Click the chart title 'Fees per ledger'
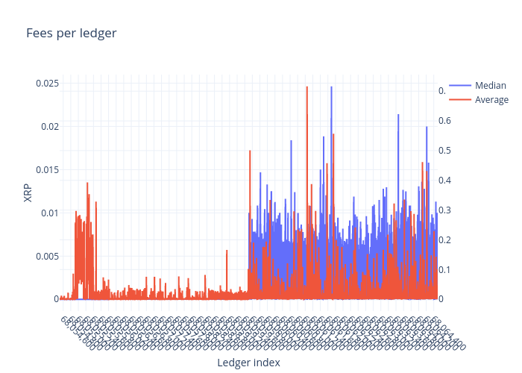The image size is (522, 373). pyautogui.click(x=71, y=33)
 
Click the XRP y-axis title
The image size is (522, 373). pyautogui.click(x=28, y=192)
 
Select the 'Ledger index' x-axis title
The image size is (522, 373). pyautogui.click(x=248, y=363)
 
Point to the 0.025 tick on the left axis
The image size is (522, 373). pyautogui.click(x=47, y=83)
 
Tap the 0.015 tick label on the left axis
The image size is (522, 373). pyautogui.click(x=47, y=169)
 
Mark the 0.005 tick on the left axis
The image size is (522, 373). pyautogui.click(x=47, y=256)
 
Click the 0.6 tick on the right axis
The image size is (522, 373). pyautogui.click(x=444, y=120)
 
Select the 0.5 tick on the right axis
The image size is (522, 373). pyautogui.click(x=444, y=150)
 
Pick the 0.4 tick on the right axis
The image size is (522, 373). pyautogui.click(x=444, y=180)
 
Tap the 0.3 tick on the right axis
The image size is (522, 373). pyautogui.click(x=444, y=210)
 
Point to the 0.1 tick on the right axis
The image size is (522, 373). pyautogui.click(x=444, y=269)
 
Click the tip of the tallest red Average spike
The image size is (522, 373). pyautogui.click(x=306, y=87)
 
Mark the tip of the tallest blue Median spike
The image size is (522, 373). pyautogui.click(x=331, y=87)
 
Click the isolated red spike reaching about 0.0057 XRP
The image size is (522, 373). pyautogui.click(x=227, y=251)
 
